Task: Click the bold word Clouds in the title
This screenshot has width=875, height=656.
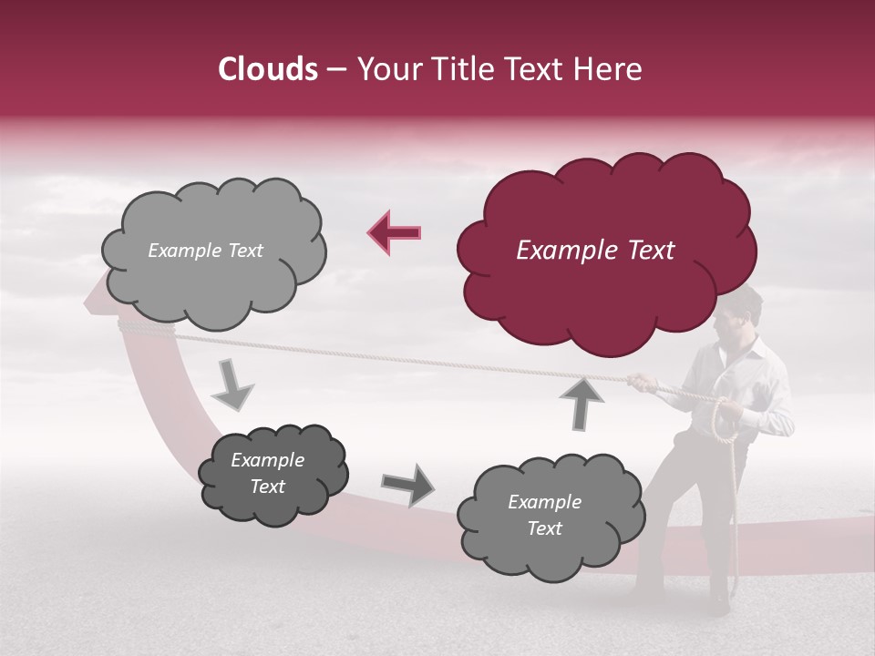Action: [x=268, y=69]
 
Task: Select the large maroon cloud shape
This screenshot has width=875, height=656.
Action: [x=606, y=251]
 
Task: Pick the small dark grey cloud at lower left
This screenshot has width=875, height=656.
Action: [x=272, y=474]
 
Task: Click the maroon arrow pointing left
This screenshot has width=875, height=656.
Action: [x=395, y=232]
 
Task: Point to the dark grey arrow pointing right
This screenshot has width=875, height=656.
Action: [x=407, y=485]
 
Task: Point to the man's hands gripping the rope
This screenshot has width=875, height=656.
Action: [x=643, y=383]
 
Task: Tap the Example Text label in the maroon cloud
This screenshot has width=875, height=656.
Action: [x=595, y=251]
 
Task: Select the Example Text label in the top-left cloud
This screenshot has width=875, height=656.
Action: [x=205, y=251]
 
